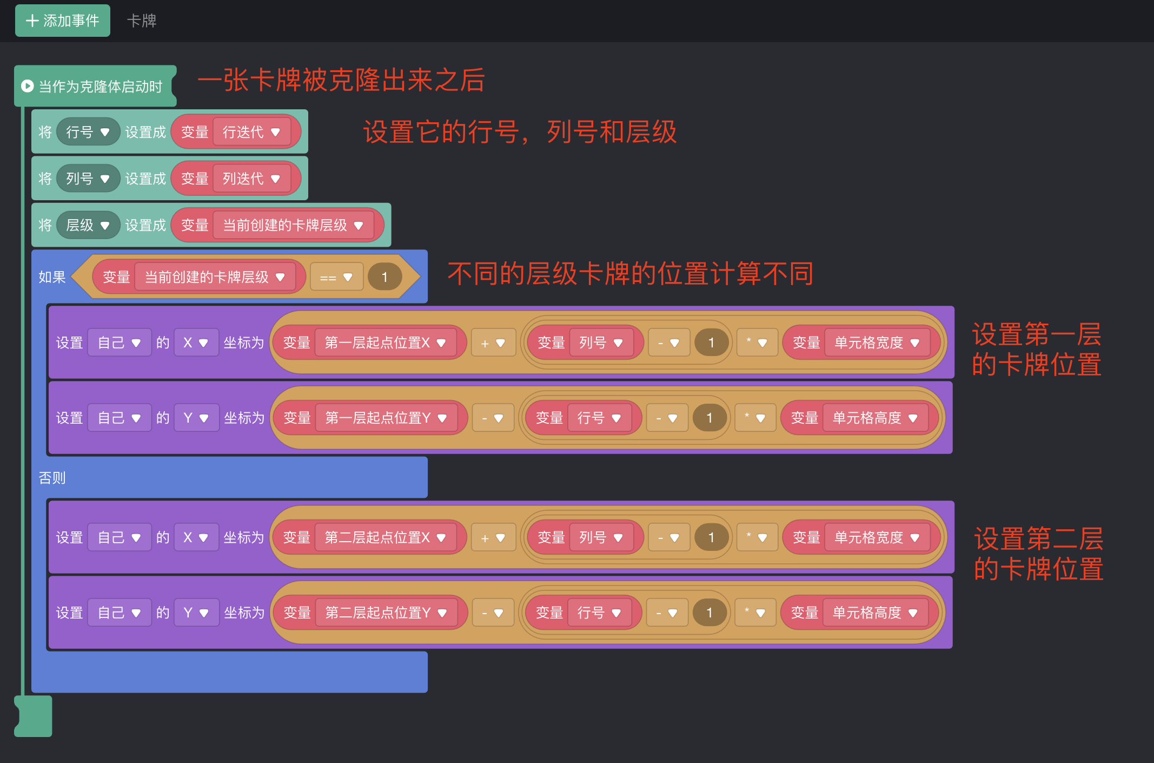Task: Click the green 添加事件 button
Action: (x=63, y=21)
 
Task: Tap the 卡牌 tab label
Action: (x=142, y=21)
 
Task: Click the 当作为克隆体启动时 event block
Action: (x=95, y=87)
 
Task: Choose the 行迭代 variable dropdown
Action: (x=251, y=132)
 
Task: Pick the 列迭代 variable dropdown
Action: (x=251, y=179)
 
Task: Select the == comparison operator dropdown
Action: (x=336, y=278)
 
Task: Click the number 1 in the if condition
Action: (x=384, y=278)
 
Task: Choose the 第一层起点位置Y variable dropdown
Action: (x=386, y=418)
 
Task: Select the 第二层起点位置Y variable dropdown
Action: (x=386, y=613)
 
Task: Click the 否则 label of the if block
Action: (x=52, y=478)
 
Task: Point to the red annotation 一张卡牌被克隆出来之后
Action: (x=341, y=80)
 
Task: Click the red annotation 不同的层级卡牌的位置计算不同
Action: (x=630, y=273)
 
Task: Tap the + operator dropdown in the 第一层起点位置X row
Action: (x=493, y=343)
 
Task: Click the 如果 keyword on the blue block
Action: (x=52, y=277)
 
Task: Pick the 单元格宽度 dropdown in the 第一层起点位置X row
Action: (x=877, y=343)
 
